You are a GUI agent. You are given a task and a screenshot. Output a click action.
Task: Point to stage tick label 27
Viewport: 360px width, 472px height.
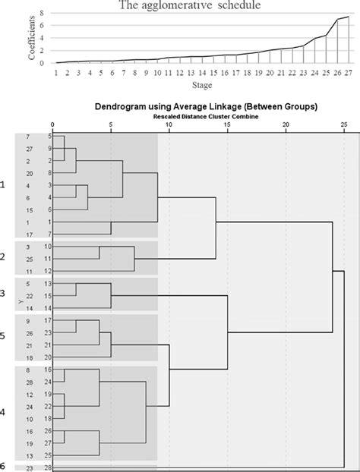(348, 73)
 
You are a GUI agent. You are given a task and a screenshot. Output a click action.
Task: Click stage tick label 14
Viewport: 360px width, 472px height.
(204, 73)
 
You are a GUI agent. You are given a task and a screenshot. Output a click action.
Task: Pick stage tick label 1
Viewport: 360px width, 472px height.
(56, 73)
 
